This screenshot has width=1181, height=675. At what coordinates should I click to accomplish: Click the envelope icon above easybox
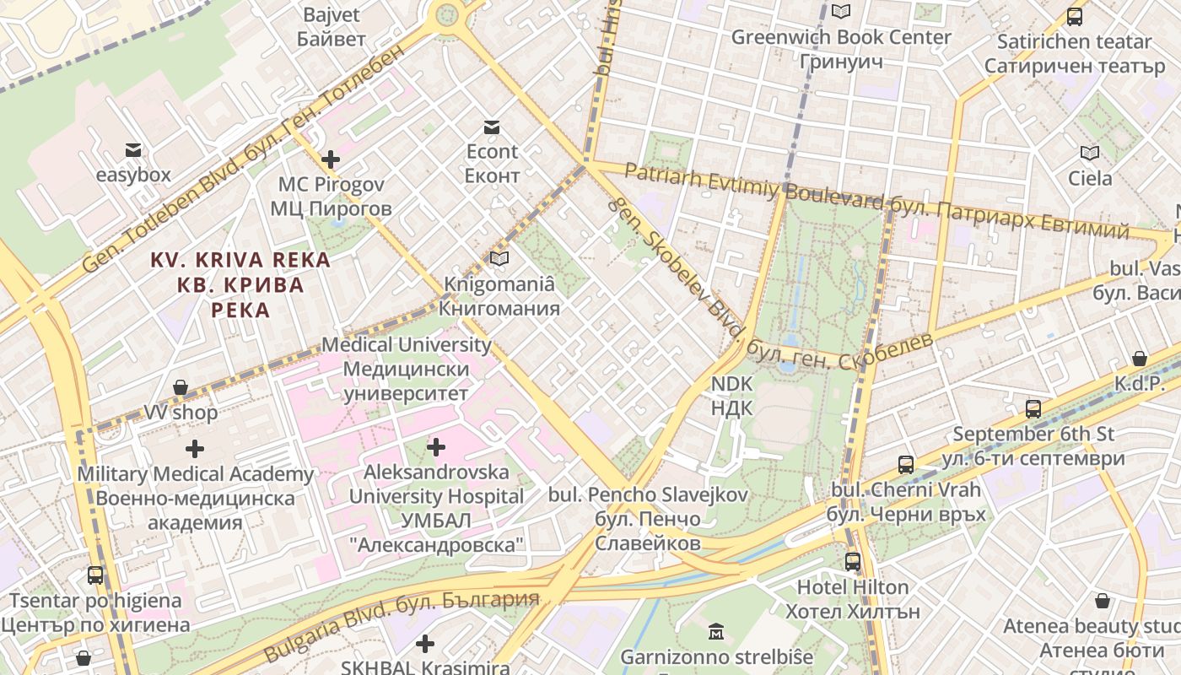pyautogui.click(x=133, y=151)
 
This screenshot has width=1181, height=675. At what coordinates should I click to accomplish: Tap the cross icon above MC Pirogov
pyautogui.click(x=331, y=159)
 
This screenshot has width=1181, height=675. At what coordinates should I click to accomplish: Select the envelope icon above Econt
pyautogui.click(x=491, y=127)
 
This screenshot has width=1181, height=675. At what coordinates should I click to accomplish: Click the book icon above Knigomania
pyautogui.click(x=499, y=259)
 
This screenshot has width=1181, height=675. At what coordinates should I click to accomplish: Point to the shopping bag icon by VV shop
pyautogui.click(x=181, y=388)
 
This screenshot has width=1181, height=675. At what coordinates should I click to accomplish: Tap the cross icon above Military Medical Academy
pyautogui.click(x=195, y=449)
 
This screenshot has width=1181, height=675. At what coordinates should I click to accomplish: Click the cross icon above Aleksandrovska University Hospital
pyautogui.click(x=436, y=446)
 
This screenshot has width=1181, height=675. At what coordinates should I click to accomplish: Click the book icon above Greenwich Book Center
pyautogui.click(x=840, y=12)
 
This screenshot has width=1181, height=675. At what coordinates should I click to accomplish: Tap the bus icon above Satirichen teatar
pyautogui.click(x=1075, y=16)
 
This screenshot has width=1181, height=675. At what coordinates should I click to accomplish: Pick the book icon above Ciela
pyautogui.click(x=1090, y=154)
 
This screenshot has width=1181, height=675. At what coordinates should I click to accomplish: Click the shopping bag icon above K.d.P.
pyautogui.click(x=1139, y=359)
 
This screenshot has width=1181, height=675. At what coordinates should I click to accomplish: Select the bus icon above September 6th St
pyautogui.click(x=1033, y=409)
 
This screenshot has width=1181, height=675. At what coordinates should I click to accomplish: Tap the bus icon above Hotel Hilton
pyautogui.click(x=853, y=562)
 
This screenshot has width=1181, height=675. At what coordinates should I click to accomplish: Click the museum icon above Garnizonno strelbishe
pyautogui.click(x=716, y=631)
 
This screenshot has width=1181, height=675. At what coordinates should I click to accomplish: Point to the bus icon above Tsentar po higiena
pyautogui.click(x=95, y=575)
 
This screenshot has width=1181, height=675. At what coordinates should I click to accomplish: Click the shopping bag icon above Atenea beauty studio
pyautogui.click(x=1102, y=602)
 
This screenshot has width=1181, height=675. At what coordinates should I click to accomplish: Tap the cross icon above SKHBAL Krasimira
pyautogui.click(x=425, y=644)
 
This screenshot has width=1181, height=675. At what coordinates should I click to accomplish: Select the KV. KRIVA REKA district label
pyautogui.click(x=240, y=284)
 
